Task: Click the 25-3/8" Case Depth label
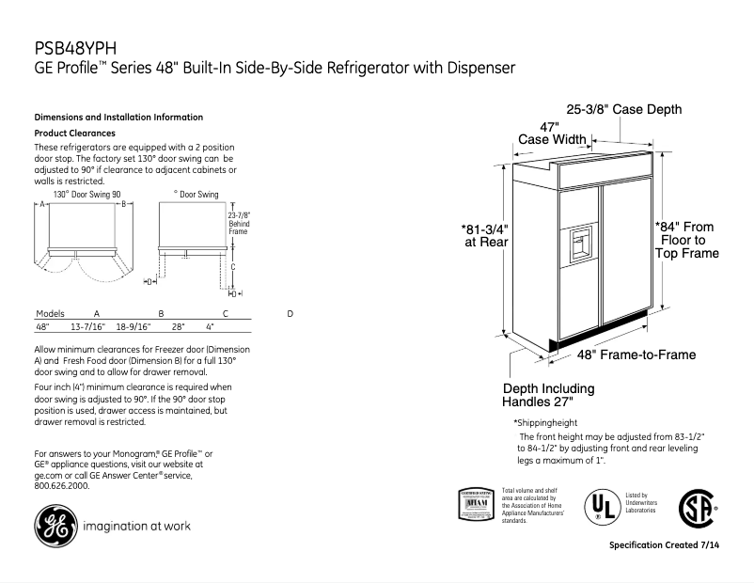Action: pyautogui.click(x=623, y=110)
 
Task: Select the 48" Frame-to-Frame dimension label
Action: pyautogui.click(x=636, y=355)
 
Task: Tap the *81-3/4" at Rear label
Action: pyautogui.click(x=485, y=234)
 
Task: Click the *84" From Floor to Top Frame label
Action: pyautogui.click(x=686, y=240)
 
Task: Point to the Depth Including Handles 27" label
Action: pyautogui.click(x=549, y=396)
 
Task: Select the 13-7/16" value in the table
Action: pyautogui.click(x=87, y=327)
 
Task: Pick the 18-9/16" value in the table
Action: pyautogui.click(x=134, y=327)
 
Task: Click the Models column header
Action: pyautogui.click(x=49, y=313)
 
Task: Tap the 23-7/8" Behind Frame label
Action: pyautogui.click(x=240, y=222)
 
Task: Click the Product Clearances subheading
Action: pyautogui.click(x=74, y=134)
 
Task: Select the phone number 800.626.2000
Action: pyautogui.click(x=62, y=486)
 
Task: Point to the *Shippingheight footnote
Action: pyautogui.click(x=545, y=422)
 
